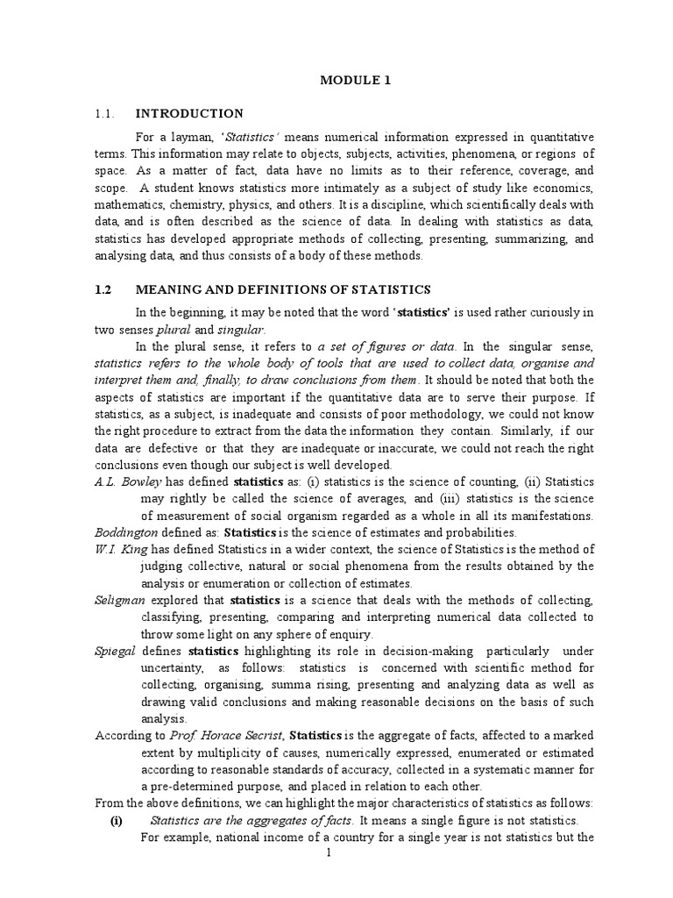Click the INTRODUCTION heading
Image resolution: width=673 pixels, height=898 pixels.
pyautogui.click(x=189, y=113)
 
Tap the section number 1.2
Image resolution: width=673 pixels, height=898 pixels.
pyautogui.click(x=104, y=289)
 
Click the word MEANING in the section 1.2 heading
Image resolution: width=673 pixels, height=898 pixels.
pyautogui.click(x=169, y=289)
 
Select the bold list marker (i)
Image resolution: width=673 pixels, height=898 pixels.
pyautogui.click(x=115, y=821)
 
